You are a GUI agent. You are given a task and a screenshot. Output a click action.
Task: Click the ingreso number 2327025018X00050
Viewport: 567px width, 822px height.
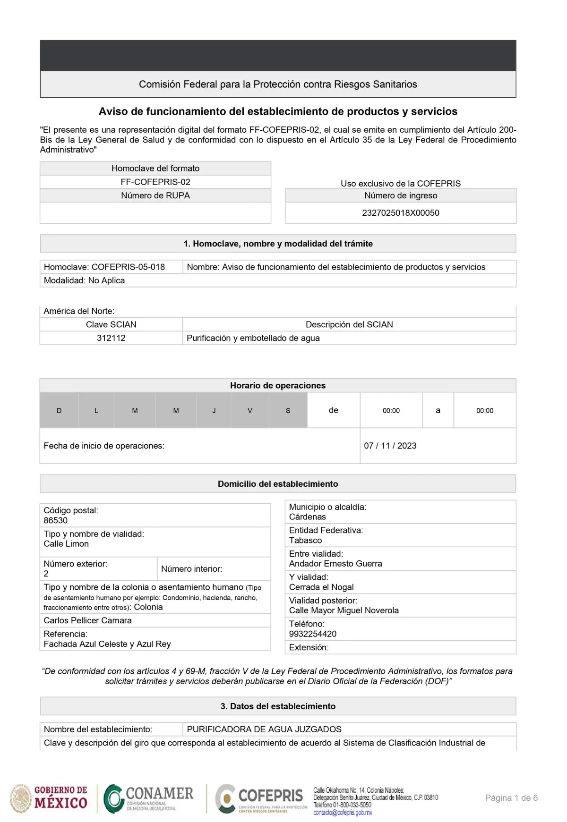coord(400,213)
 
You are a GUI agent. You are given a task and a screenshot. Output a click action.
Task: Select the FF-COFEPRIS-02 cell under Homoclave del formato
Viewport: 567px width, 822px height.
coord(155,182)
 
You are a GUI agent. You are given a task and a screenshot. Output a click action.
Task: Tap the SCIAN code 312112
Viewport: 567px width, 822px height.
coord(111,338)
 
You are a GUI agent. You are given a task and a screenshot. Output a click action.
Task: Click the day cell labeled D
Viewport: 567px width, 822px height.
coord(59,410)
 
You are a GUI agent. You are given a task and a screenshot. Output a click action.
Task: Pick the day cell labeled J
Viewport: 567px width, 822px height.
coord(214,410)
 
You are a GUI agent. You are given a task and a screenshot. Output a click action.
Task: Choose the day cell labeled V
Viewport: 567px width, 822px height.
coord(250,410)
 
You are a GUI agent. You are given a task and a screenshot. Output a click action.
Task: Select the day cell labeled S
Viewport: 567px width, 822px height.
coord(288,410)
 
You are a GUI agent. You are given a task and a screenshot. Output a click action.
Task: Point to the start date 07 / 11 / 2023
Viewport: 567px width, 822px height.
coord(390,446)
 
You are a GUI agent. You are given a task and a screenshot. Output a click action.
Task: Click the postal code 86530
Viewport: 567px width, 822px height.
coord(56,520)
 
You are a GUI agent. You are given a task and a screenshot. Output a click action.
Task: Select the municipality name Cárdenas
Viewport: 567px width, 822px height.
coord(308,517)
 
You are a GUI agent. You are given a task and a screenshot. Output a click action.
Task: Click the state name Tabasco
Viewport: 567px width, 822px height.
coord(306,540)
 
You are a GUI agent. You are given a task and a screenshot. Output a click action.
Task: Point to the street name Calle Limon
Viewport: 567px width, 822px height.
coord(66,544)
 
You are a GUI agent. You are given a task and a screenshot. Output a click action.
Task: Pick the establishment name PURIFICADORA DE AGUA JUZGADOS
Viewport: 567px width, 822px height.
coord(264,729)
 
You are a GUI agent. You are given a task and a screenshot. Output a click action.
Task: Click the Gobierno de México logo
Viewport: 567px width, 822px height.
coord(49,798)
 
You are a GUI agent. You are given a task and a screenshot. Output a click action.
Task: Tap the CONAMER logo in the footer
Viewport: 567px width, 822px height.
coord(149,798)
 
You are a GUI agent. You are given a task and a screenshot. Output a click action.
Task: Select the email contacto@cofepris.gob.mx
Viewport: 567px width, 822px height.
coord(343,813)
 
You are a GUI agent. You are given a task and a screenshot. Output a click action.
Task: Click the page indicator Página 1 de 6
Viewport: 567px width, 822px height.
coord(511,798)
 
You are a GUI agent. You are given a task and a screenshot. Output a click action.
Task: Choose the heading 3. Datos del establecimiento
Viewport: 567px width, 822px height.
coord(278,706)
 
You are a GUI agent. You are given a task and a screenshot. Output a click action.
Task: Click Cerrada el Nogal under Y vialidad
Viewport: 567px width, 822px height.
coord(321,587)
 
